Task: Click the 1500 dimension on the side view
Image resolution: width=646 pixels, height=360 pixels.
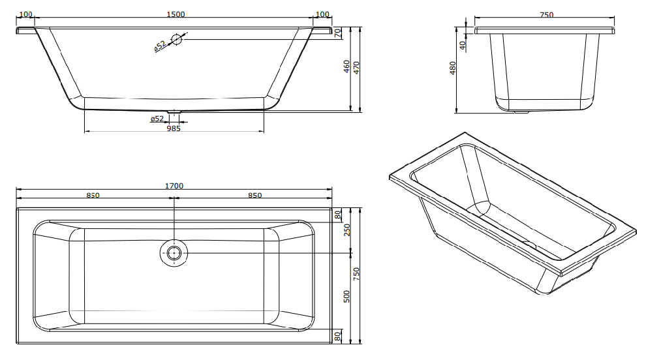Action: click(176, 14)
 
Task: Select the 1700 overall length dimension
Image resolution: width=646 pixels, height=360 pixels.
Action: click(174, 186)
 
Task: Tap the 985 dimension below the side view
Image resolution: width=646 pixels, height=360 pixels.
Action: click(174, 128)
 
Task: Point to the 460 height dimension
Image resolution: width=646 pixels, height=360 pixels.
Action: click(346, 67)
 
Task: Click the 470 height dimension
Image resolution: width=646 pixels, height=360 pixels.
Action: click(356, 68)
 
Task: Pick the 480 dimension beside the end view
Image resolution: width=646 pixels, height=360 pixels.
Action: click(453, 68)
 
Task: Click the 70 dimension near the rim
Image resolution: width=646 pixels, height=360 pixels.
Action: click(338, 33)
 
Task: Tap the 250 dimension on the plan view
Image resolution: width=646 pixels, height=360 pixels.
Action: click(346, 230)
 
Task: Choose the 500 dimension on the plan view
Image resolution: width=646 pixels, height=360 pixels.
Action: click(346, 296)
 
